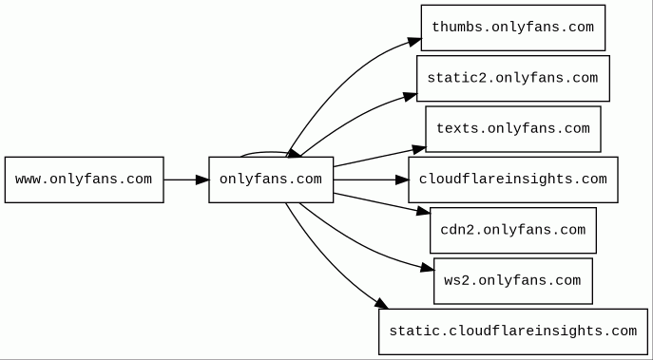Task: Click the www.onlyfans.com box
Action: [x=85, y=180]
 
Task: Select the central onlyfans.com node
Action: [x=271, y=180]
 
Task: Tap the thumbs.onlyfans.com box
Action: [x=513, y=28]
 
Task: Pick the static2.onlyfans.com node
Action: [x=513, y=78]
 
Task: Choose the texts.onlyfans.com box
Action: [x=513, y=129]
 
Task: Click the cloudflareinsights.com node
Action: [x=513, y=180]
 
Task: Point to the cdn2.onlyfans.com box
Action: [x=513, y=230]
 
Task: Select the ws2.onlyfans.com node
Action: [x=513, y=281]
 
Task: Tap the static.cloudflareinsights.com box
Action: [x=513, y=332]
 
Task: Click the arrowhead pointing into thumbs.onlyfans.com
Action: [x=414, y=42]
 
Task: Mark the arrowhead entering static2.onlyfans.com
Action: [x=411, y=97]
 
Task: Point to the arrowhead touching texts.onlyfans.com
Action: [x=419, y=149]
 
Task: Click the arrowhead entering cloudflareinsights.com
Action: [x=402, y=180]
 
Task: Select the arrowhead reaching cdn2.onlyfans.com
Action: [x=424, y=211]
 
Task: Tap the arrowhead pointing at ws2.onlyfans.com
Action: [x=428, y=268]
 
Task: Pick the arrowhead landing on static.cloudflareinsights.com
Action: [x=382, y=304]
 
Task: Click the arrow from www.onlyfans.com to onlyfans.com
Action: [x=186, y=180]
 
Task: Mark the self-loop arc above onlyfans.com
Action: [x=271, y=152]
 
